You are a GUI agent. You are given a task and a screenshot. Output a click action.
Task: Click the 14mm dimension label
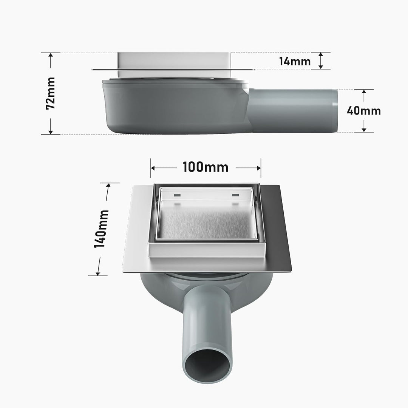(295, 61)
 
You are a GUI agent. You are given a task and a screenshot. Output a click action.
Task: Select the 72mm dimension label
(51, 93)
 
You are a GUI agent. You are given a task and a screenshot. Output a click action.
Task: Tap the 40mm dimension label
(363, 111)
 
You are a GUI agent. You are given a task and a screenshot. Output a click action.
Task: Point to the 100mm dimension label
(206, 167)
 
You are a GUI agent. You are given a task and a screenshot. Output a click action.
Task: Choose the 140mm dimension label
(101, 229)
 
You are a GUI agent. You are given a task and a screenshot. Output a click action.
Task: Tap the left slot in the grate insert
(177, 195)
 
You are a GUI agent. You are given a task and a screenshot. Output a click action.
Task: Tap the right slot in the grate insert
(236, 195)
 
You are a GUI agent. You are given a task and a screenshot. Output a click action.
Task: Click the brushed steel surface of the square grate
(206, 225)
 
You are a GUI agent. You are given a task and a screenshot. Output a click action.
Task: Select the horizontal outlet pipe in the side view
(293, 111)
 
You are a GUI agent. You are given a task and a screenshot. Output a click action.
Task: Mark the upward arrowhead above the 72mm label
(51, 56)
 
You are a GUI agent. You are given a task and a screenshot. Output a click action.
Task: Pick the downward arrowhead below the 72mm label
(51, 131)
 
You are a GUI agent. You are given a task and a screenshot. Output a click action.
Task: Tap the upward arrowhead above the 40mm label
(364, 93)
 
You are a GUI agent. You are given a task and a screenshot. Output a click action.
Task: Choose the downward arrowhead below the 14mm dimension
(321, 66)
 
